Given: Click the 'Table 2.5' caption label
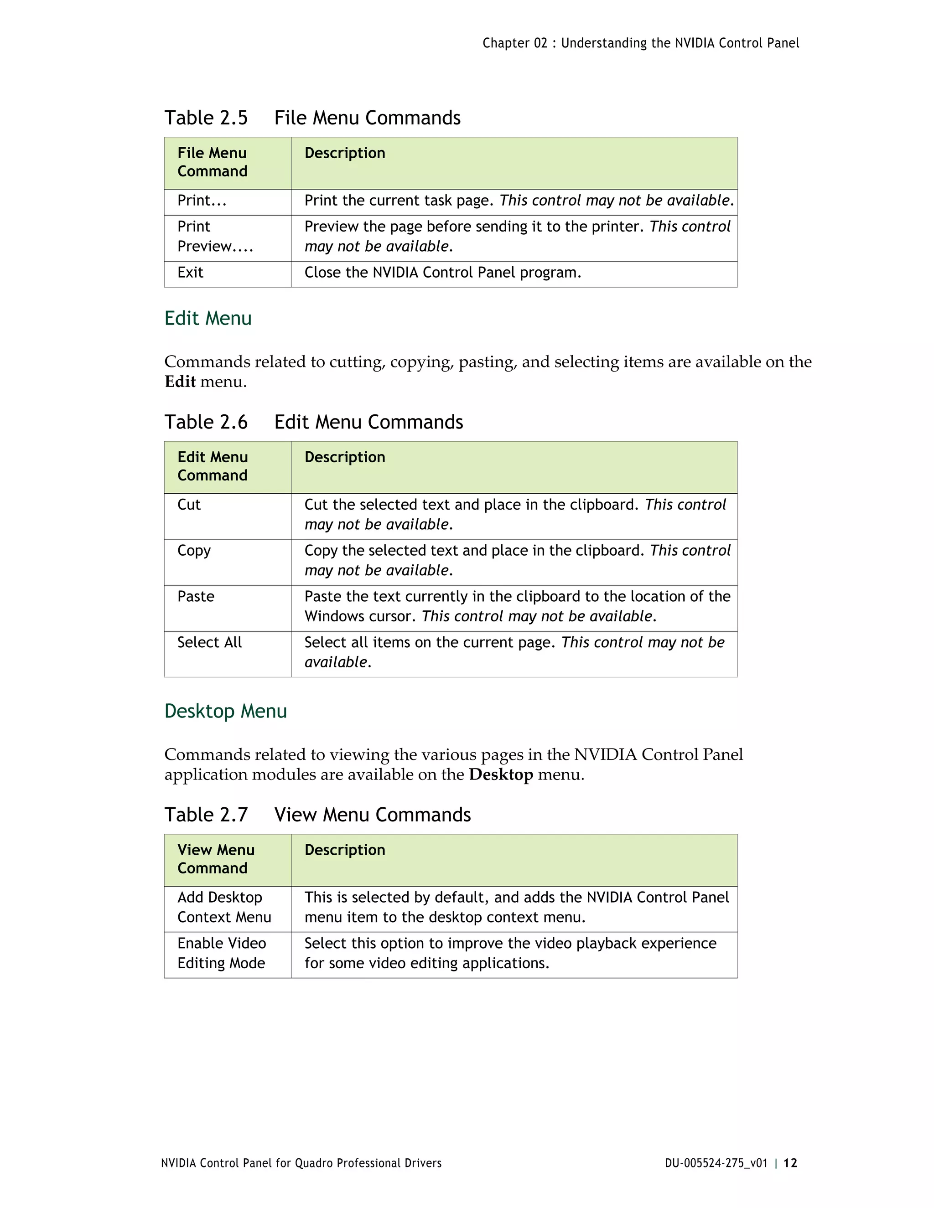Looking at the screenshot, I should pos(206,118).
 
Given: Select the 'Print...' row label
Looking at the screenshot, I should pos(202,201).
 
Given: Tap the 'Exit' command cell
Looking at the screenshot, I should pos(190,273).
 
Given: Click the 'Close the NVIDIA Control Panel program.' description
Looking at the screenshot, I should pos(443,273).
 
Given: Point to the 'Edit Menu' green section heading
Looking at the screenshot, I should pos(208,319).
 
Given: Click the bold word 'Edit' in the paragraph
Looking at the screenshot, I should pos(180,382).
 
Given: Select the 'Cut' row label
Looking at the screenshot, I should pos(189,505).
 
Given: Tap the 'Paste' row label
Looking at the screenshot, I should pos(195,597).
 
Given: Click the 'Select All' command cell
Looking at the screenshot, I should pos(209,643).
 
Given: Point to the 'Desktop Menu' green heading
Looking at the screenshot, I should pos(226,711).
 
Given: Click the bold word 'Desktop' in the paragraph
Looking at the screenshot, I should pos(501,774).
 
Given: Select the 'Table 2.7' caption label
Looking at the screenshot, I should pos(206,815).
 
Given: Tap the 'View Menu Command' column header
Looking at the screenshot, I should pos(216,859).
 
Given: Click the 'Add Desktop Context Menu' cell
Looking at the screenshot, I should pos(223,907).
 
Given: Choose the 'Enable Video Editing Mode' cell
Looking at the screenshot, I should pos(221,953).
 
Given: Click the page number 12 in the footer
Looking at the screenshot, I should pos(790,1163).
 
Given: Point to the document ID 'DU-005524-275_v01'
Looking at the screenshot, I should pos(716,1163).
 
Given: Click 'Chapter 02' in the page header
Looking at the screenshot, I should pos(514,43).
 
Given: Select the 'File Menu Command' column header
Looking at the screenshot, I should pos(212,162).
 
